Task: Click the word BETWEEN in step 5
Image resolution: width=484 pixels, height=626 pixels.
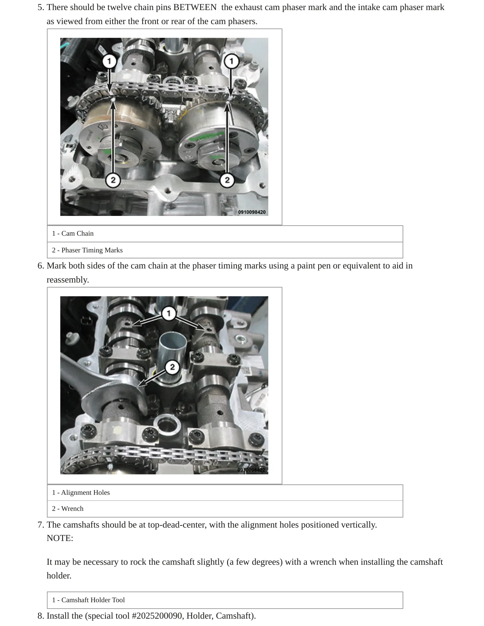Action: [195, 7]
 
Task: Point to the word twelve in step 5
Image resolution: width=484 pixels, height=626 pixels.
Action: [118, 7]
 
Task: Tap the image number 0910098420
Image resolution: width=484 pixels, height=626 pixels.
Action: [252, 212]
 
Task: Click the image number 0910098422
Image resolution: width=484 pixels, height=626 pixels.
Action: [251, 470]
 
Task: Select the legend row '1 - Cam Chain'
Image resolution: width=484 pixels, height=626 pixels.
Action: [225, 234]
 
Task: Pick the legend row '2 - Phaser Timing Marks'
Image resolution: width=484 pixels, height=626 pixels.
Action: [225, 250]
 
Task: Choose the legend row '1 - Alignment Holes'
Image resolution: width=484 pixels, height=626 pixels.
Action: [225, 493]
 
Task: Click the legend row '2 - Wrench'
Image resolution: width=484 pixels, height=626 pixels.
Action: [225, 509]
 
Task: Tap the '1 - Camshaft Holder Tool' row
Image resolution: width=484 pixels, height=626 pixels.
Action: [225, 600]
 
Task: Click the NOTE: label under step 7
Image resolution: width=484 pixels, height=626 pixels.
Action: [60, 538]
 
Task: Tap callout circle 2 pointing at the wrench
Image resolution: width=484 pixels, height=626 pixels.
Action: [172, 367]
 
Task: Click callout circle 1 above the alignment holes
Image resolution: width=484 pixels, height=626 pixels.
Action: [168, 313]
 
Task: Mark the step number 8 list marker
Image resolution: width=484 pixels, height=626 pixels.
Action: [41, 616]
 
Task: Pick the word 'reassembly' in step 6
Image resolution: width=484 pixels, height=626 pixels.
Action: [67, 280]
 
